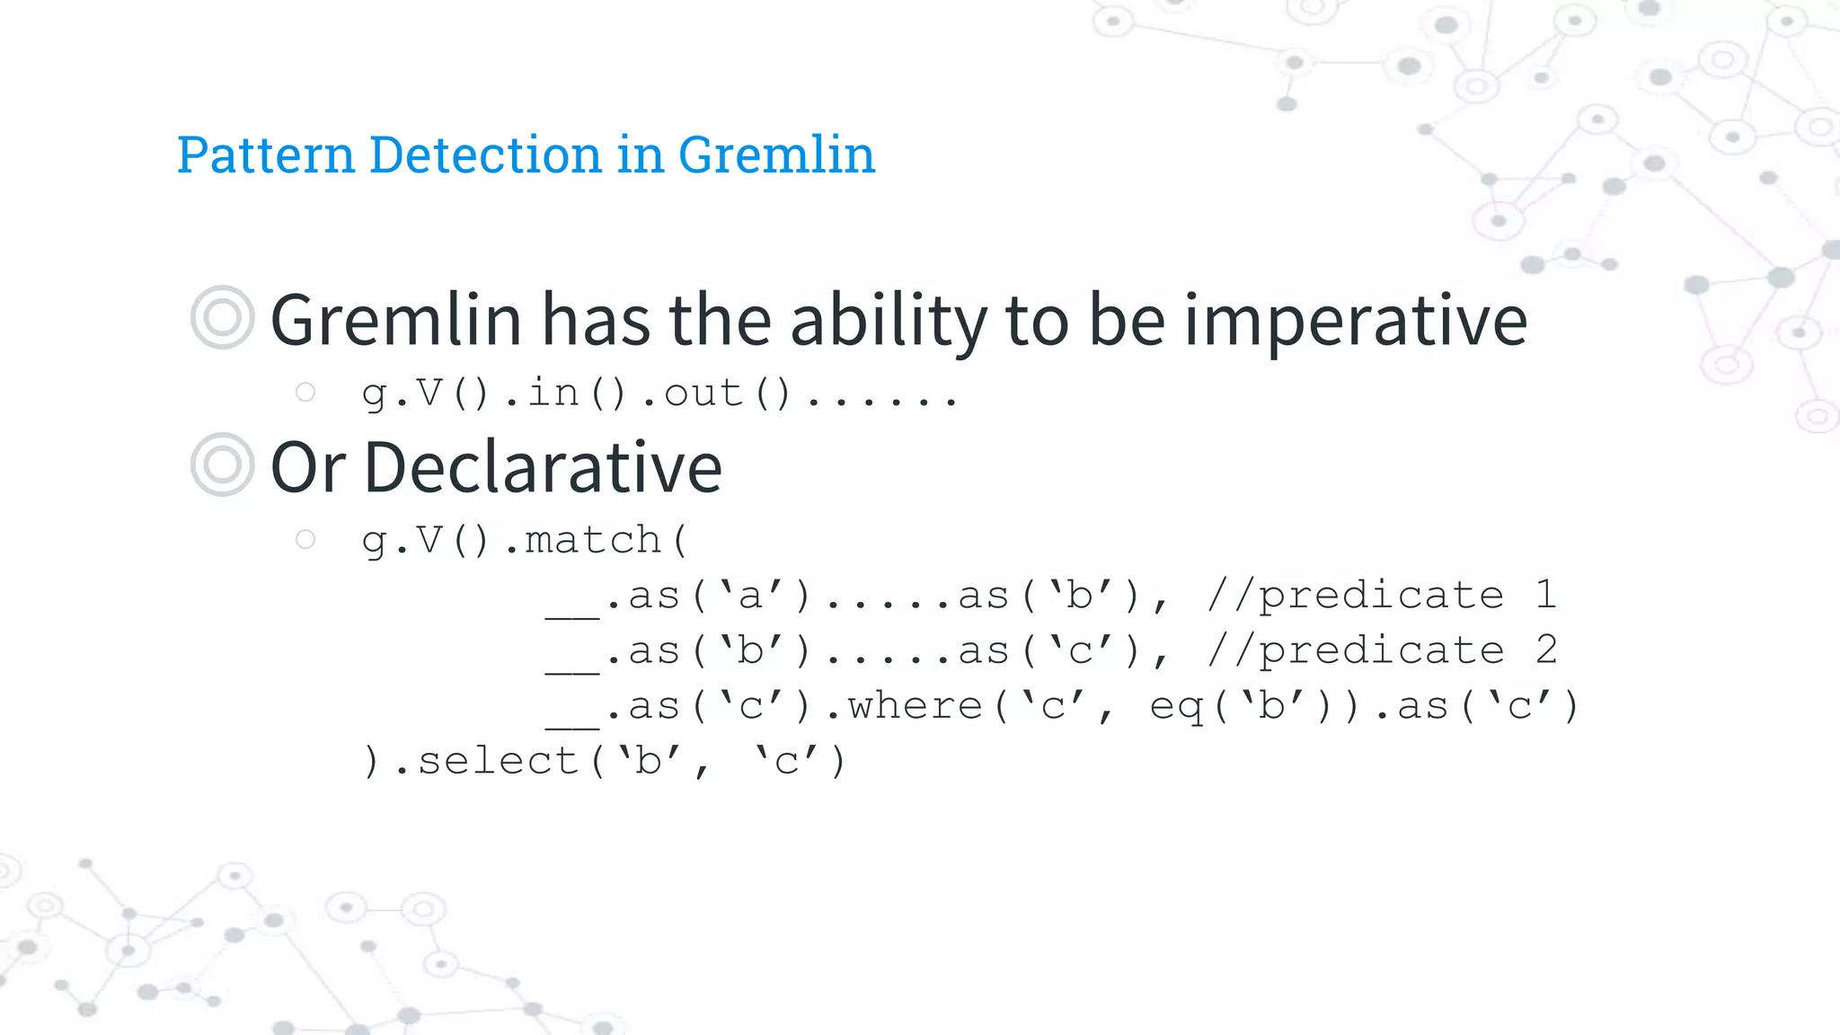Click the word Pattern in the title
click(x=266, y=155)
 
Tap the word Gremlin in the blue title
click(x=776, y=155)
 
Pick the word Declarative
click(x=543, y=468)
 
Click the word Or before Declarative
click(x=307, y=468)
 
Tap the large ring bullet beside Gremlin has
click(x=222, y=317)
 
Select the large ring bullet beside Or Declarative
click(x=222, y=464)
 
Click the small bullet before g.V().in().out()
click(x=305, y=392)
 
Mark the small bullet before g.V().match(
click(x=305, y=539)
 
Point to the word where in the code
click(x=915, y=707)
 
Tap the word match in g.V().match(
click(x=593, y=541)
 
